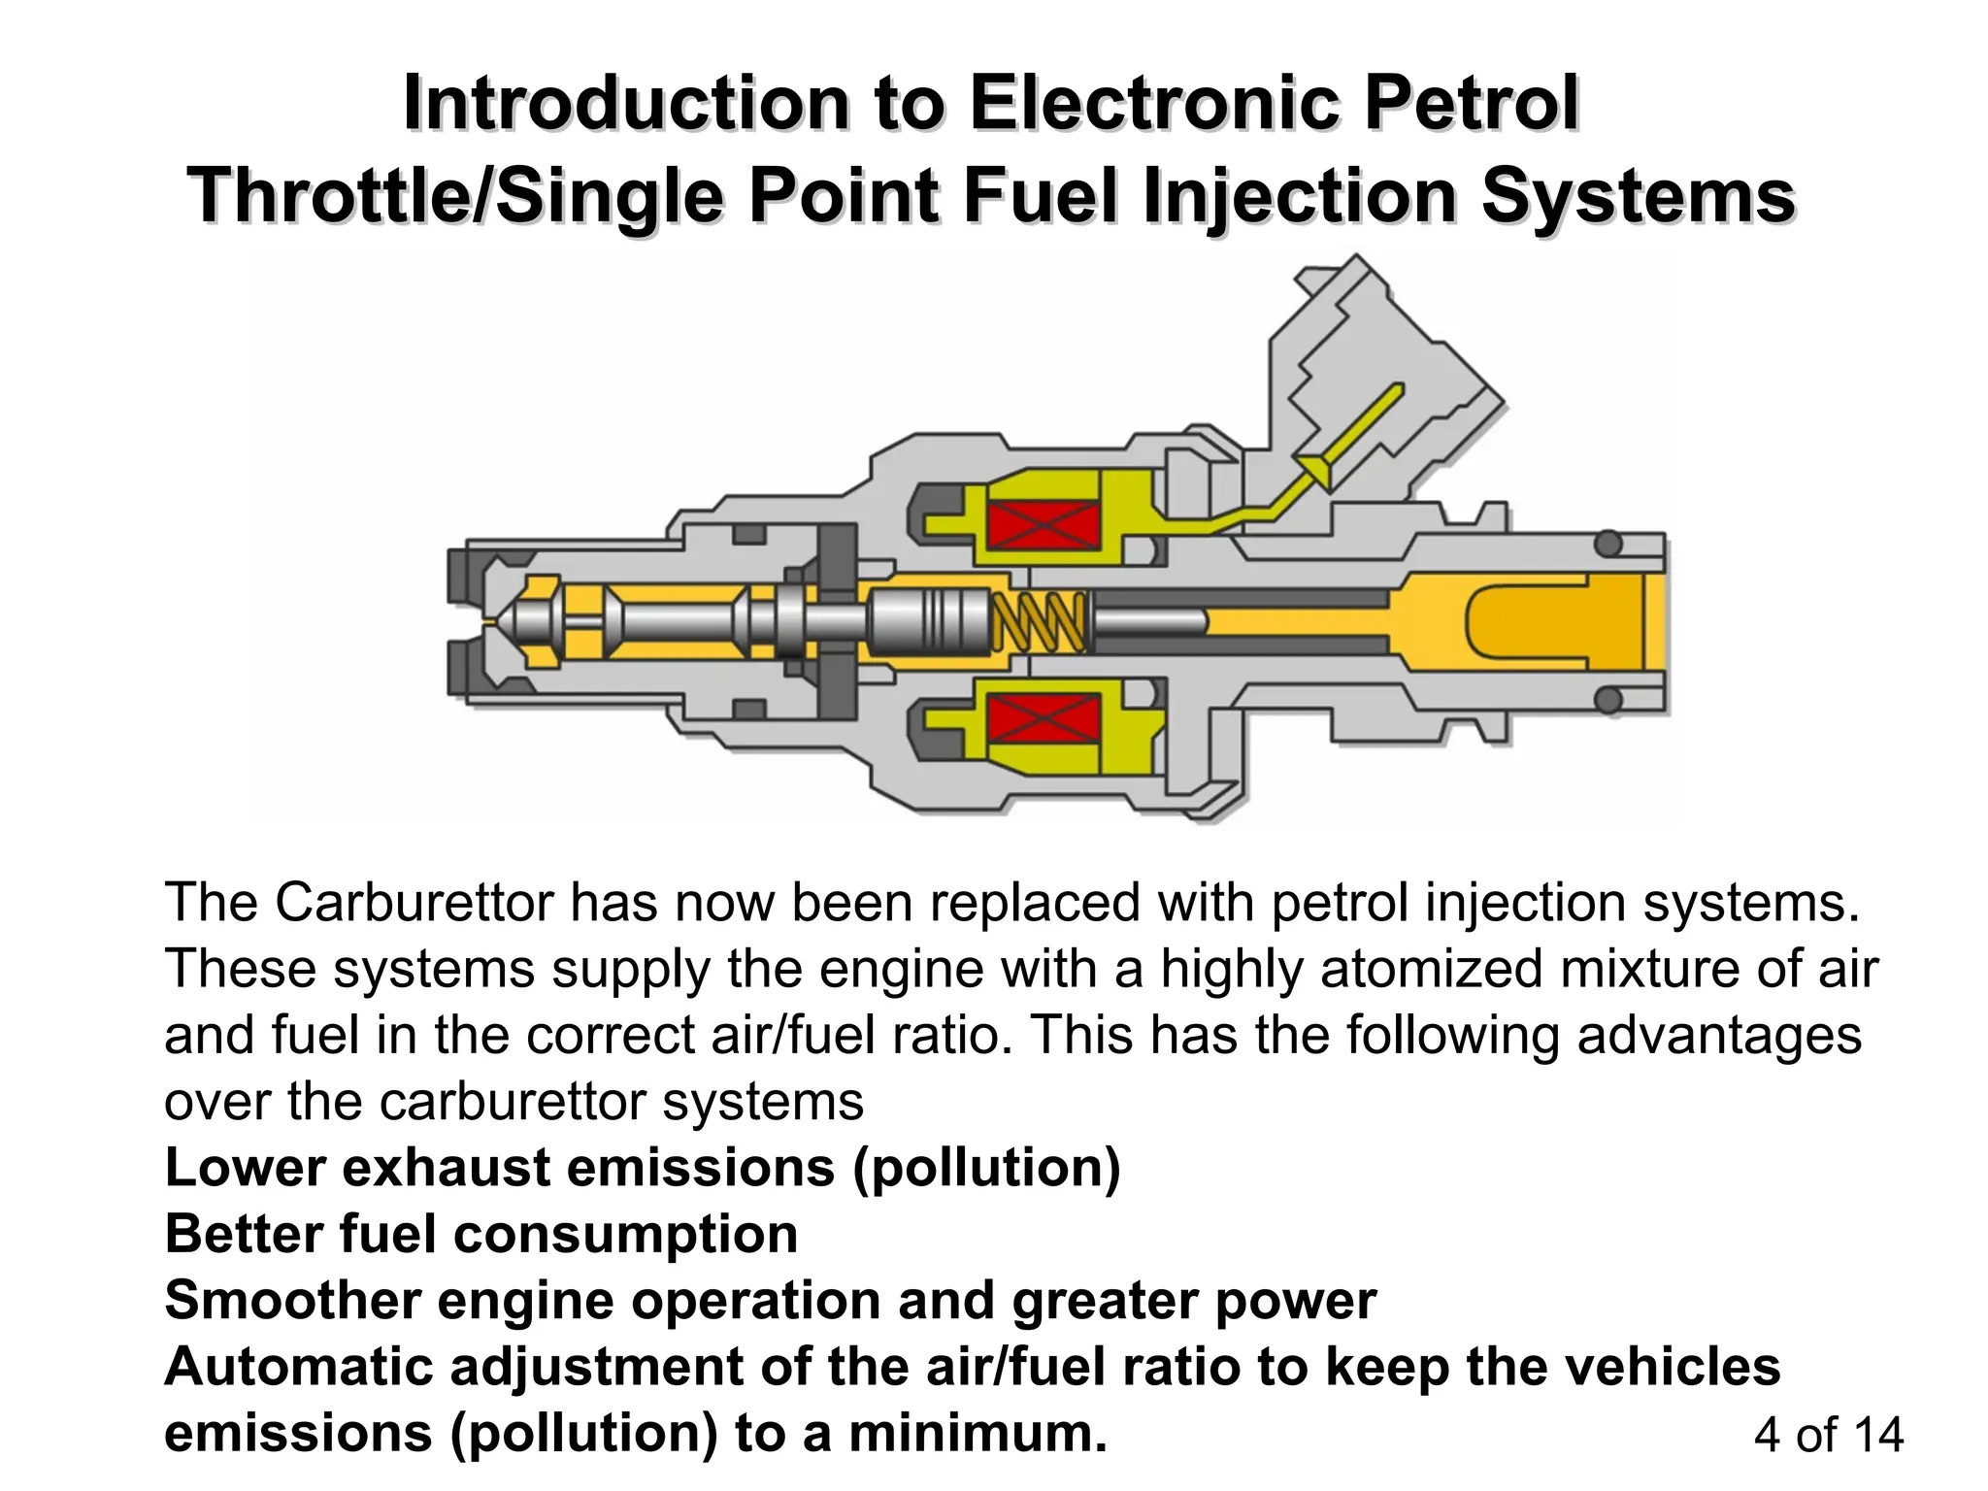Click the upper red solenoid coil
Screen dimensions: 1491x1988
click(x=1044, y=525)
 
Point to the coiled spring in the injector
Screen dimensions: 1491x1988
click(x=1039, y=622)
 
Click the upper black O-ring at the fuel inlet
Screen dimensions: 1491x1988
click(x=1608, y=544)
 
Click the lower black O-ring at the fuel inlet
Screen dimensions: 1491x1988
click(x=1608, y=699)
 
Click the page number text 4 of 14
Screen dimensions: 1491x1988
click(x=1829, y=1435)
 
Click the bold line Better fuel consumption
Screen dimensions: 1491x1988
click(x=481, y=1234)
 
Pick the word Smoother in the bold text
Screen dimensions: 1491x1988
click(x=292, y=1300)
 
